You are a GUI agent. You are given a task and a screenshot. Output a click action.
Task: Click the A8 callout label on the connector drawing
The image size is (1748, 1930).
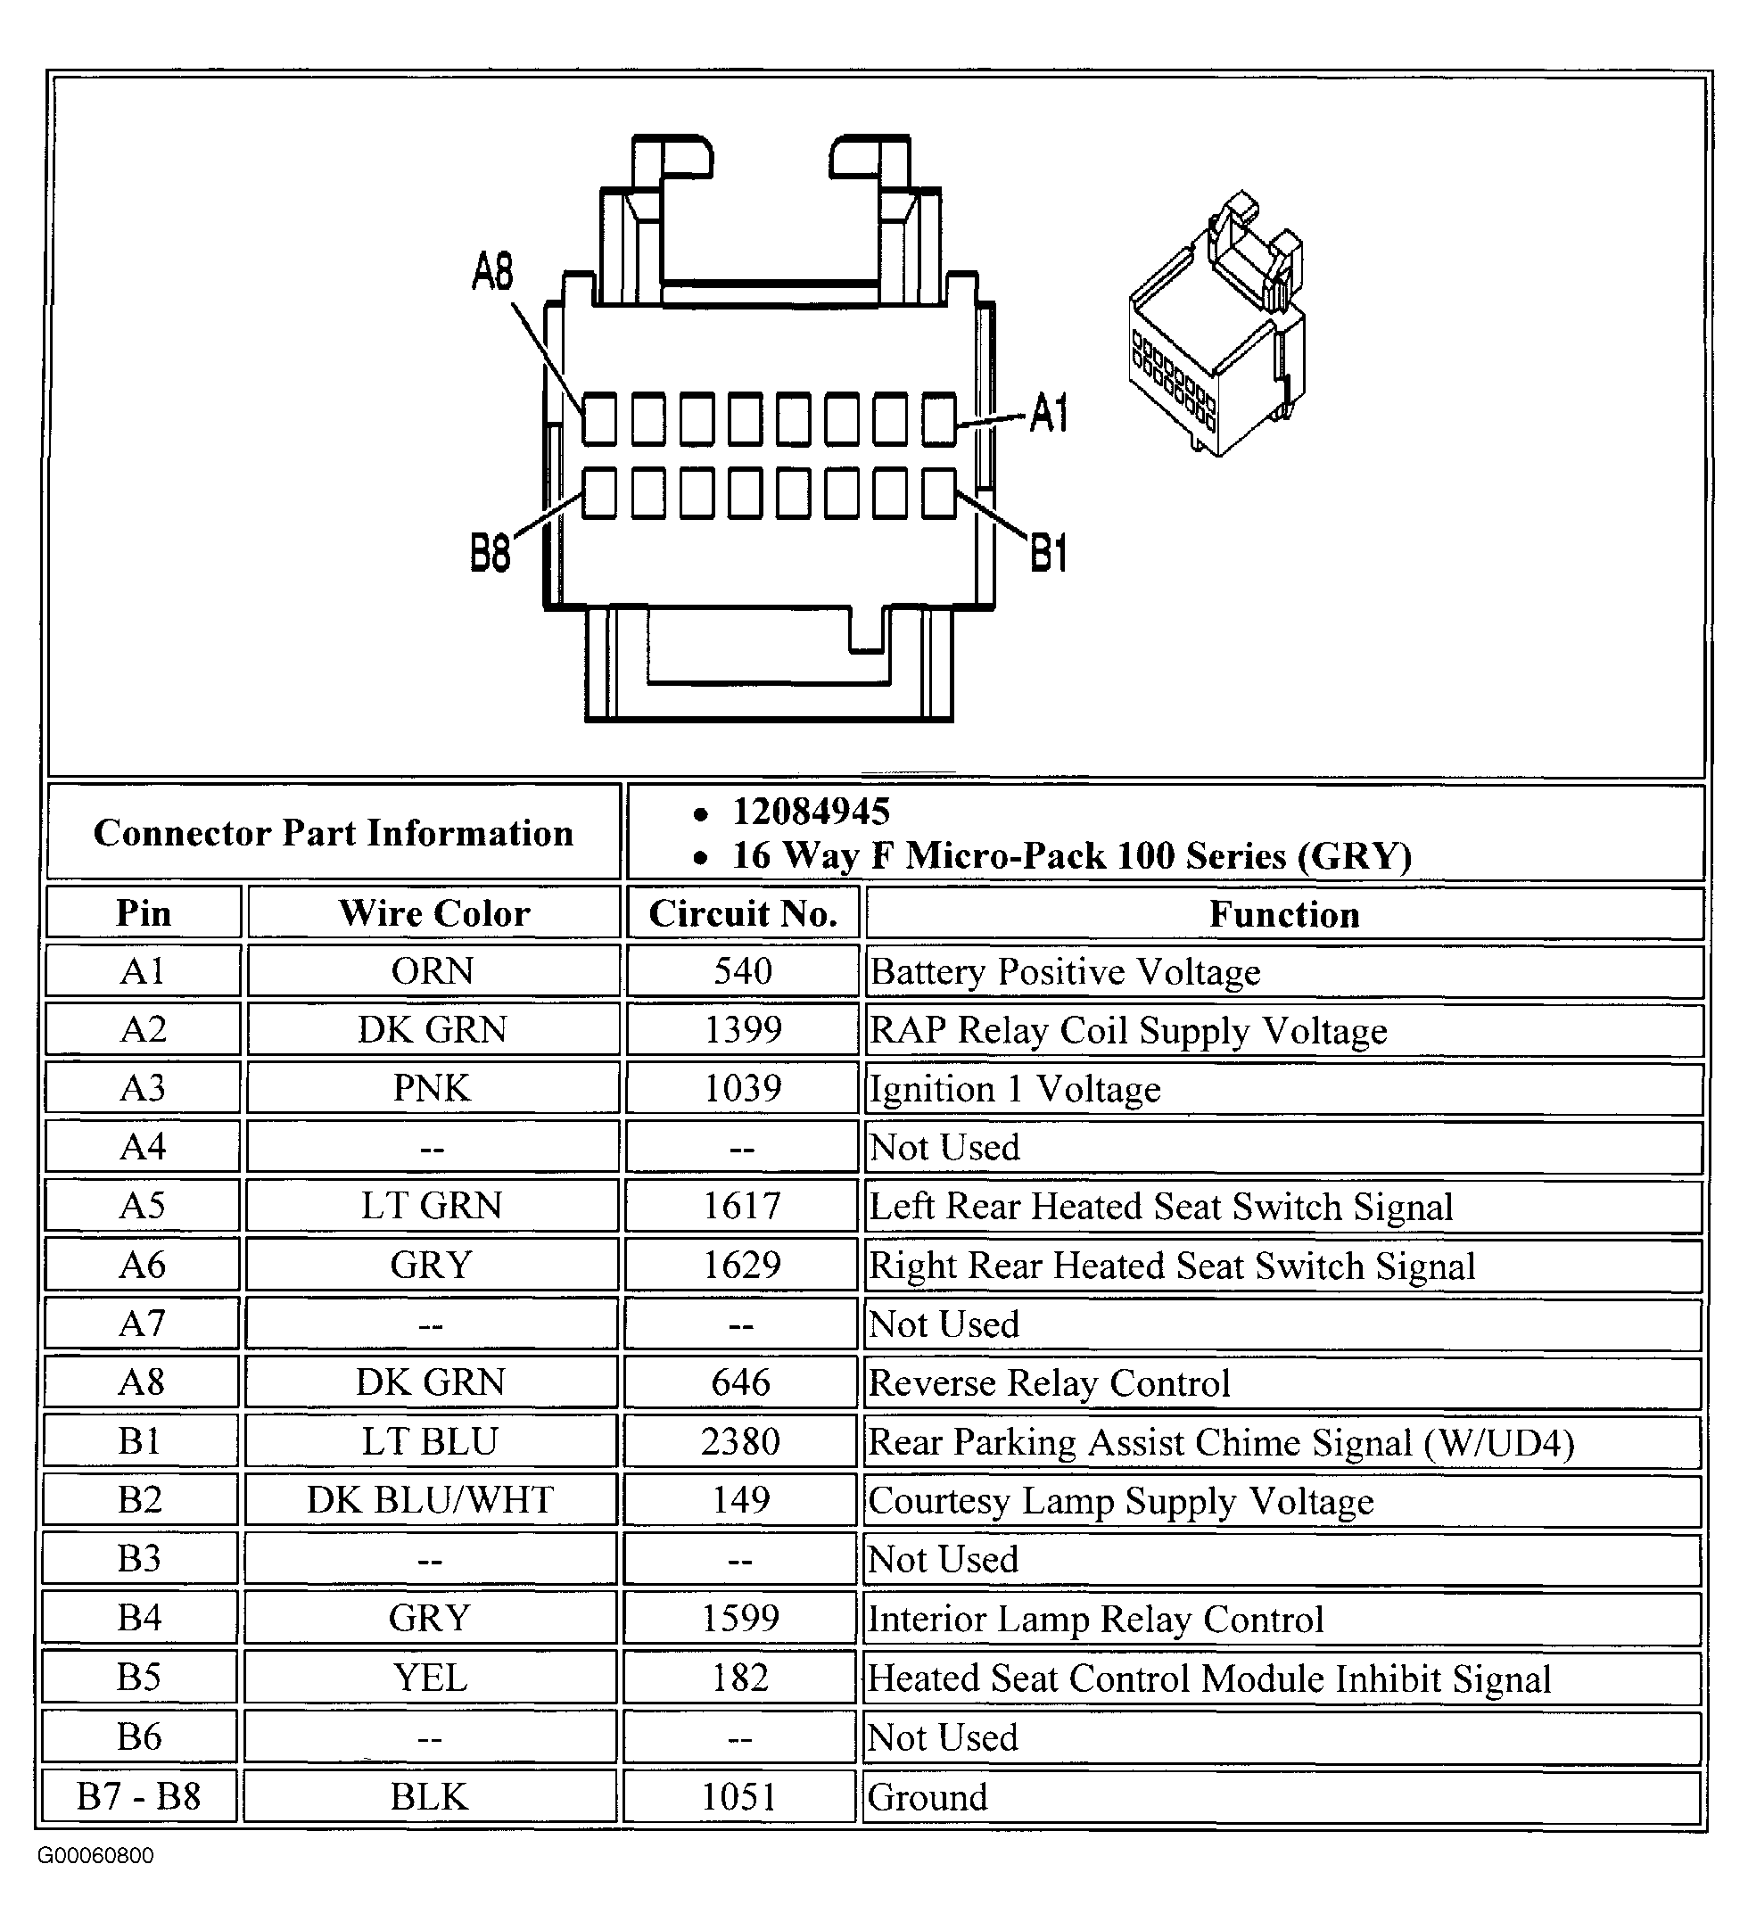coord(493,271)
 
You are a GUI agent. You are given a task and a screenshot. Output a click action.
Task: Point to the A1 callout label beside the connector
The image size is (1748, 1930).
coord(1048,414)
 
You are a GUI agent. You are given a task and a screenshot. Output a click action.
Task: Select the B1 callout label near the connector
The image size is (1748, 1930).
coord(1048,552)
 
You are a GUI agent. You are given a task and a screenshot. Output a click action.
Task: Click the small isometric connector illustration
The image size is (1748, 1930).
coord(1216,326)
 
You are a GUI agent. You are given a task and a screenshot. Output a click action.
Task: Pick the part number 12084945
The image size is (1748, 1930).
coord(811,812)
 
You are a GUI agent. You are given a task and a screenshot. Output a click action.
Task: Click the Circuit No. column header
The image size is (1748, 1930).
coord(743,913)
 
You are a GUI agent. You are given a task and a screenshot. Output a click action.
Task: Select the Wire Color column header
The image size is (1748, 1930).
coord(433,913)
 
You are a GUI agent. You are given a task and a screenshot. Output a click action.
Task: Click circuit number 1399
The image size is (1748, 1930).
coord(743,1030)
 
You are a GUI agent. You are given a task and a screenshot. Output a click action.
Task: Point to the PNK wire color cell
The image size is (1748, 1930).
coord(433,1088)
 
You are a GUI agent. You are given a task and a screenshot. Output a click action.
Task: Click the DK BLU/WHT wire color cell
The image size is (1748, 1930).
coord(431,1500)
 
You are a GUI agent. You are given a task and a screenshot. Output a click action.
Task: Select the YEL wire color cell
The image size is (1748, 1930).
coord(431,1678)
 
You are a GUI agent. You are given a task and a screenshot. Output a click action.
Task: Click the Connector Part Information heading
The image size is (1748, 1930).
coord(334,833)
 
